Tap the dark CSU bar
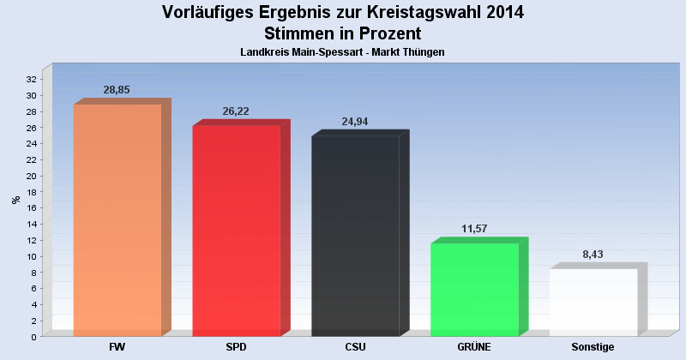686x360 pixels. pos(355,235)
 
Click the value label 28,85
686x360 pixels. pos(117,90)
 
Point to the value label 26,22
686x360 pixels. pos(236,111)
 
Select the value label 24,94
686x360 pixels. pos(355,122)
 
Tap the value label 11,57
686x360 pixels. pos(474,229)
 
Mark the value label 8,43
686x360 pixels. pos(593,255)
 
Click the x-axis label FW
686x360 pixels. pos(117,347)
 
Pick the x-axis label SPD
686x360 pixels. pos(237,347)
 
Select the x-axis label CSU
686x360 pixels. pos(355,347)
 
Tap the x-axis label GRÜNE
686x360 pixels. pos(474,347)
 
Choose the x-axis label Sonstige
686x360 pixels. pos(593,347)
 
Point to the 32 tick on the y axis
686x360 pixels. pos(31,80)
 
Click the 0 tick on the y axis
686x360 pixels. pos(33,337)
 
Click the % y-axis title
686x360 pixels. pos(15,200)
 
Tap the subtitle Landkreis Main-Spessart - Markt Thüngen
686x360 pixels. pos(343,53)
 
